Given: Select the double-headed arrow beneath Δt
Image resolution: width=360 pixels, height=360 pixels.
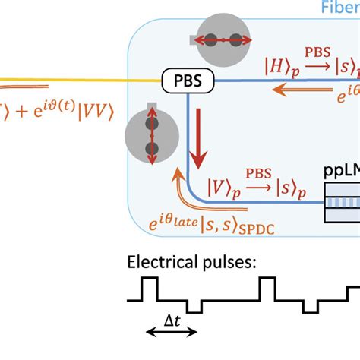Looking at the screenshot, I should point(171,333).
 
